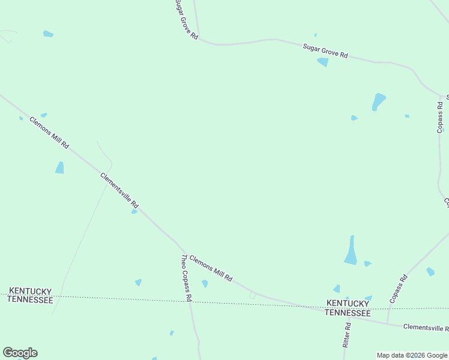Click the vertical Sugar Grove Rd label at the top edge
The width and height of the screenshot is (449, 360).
tap(186, 19)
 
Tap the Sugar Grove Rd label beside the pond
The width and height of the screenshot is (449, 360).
tap(325, 50)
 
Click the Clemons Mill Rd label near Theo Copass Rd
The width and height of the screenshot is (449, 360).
tap(211, 268)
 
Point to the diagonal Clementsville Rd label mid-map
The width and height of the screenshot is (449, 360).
tap(119, 191)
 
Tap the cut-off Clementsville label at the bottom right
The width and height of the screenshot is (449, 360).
tap(426, 328)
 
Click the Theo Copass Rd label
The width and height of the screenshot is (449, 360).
tap(186, 278)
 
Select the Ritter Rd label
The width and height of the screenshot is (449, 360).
tap(347, 335)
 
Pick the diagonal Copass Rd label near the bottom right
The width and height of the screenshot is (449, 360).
tap(398, 288)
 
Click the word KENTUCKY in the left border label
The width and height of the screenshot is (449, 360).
tap(31, 291)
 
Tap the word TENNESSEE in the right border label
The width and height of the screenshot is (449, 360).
tap(348, 313)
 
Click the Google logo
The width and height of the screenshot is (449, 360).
tap(20, 353)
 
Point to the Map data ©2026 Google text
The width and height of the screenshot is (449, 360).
tap(412, 355)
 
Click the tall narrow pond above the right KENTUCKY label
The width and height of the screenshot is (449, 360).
tap(351, 250)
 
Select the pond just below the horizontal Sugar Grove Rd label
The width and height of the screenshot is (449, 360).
tap(323, 62)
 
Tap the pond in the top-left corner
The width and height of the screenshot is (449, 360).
tap(48, 34)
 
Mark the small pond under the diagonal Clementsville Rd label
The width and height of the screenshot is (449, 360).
tap(134, 211)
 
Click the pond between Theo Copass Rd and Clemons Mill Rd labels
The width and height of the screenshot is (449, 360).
tap(205, 283)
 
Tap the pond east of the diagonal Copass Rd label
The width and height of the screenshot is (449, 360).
tap(430, 272)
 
